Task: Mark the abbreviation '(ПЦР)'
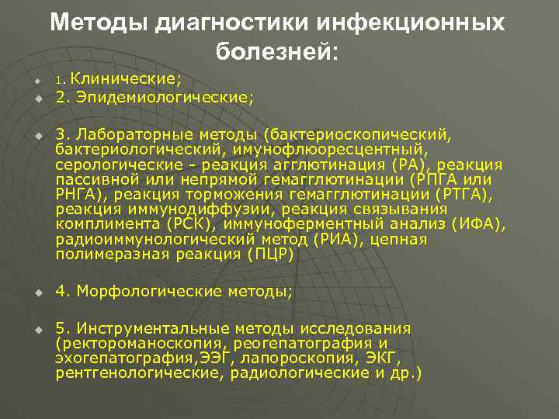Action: pyautogui.click(x=272, y=254)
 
